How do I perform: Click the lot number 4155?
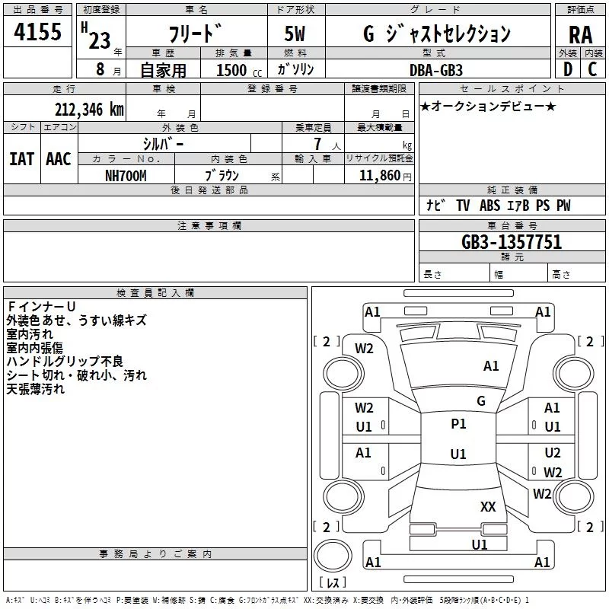point(37,31)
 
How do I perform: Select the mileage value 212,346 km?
point(89,110)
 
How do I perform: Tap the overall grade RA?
point(580,35)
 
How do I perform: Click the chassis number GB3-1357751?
point(512,242)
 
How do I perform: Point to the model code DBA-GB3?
point(435,70)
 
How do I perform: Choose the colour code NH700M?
point(126,176)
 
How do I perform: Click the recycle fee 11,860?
point(379,176)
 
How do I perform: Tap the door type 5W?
point(295,33)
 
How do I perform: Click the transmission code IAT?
point(21,159)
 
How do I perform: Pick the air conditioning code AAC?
point(59,159)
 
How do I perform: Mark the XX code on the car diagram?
point(488,507)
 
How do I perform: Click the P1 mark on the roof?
point(458,424)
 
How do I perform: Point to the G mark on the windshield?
point(481,400)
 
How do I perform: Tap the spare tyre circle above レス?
point(333,555)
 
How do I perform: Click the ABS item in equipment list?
point(489,206)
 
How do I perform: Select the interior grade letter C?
point(592,69)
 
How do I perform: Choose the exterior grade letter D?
point(568,69)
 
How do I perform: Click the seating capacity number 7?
point(317,144)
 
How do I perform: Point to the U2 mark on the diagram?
point(553,453)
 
